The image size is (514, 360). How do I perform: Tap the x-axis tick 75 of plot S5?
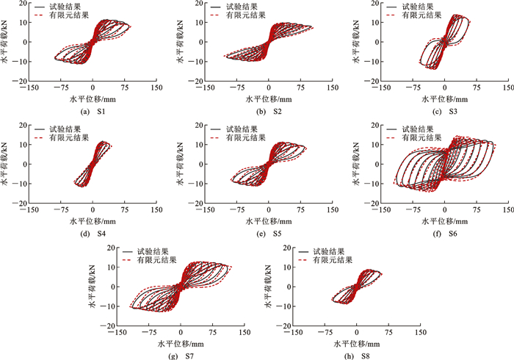[300, 209]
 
